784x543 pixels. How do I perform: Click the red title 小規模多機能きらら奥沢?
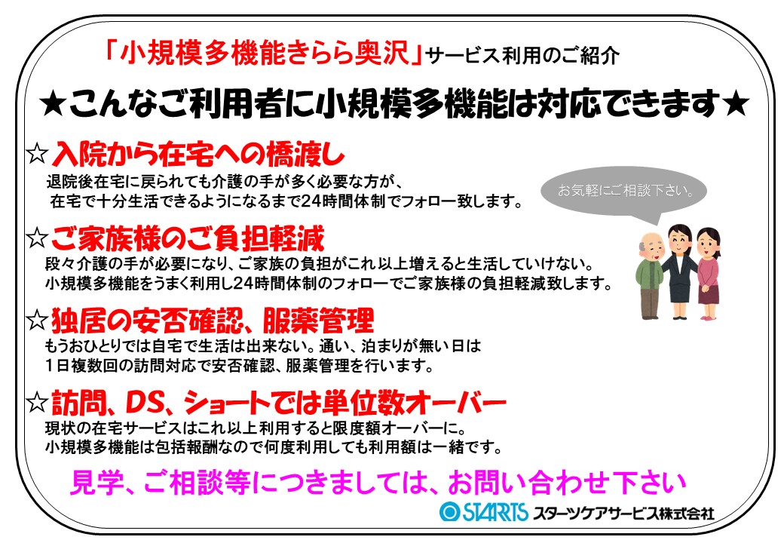point(265,52)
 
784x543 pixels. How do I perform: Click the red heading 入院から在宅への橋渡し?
point(198,154)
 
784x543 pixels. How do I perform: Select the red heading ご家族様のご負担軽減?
point(188,238)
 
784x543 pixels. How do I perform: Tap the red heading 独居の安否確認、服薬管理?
point(213,320)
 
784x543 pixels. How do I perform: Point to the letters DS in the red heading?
point(145,402)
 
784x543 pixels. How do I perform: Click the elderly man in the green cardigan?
point(649,275)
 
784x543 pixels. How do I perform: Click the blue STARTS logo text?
point(495,511)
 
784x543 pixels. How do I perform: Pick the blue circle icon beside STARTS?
point(449,511)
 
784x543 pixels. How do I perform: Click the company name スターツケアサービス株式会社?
point(623,513)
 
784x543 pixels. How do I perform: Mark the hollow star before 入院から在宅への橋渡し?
point(37,153)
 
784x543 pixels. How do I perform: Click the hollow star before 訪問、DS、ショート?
point(37,401)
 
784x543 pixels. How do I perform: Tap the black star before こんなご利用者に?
point(54,105)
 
